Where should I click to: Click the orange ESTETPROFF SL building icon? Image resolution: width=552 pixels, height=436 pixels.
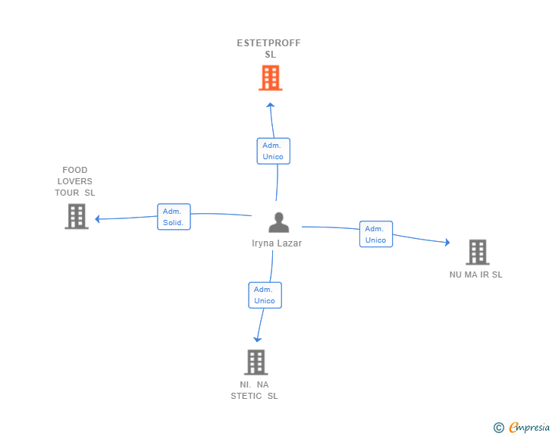click(x=270, y=77)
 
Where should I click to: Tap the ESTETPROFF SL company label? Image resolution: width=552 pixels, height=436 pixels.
click(x=269, y=49)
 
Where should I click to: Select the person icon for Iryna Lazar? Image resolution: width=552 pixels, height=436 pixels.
click(x=279, y=222)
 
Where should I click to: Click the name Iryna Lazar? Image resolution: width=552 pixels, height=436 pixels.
click(x=277, y=243)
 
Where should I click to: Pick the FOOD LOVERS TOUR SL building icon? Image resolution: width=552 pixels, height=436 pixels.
click(x=76, y=216)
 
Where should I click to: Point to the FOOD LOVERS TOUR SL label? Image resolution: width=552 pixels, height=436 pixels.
click(x=75, y=181)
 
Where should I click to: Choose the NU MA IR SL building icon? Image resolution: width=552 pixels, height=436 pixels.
click(x=477, y=252)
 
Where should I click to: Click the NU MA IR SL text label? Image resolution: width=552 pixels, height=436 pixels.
click(x=475, y=274)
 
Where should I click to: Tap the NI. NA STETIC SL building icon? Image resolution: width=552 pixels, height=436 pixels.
click(x=256, y=362)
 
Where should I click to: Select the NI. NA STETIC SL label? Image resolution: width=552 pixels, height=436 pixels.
click(x=255, y=390)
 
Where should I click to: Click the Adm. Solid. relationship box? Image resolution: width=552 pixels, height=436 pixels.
click(x=174, y=217)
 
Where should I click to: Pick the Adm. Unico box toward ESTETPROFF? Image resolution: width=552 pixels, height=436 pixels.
click(x=273, y=151)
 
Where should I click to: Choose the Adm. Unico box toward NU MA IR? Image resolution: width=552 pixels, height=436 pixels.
click(x=375, y=234)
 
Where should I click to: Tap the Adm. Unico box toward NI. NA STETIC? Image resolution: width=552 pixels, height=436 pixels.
click(x=265, y=295)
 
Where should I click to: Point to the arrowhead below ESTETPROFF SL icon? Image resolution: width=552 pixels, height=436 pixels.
click(x=270, y=105)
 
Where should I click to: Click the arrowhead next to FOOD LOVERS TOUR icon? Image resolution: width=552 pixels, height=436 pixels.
click(x=98, y=219)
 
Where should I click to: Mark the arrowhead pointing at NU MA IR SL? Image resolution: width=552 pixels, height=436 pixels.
click(x=447, y=243)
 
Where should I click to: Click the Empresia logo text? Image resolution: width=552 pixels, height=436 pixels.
click(x=529, y=428)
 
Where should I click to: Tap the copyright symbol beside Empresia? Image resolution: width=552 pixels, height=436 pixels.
click(x=499, y=428)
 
